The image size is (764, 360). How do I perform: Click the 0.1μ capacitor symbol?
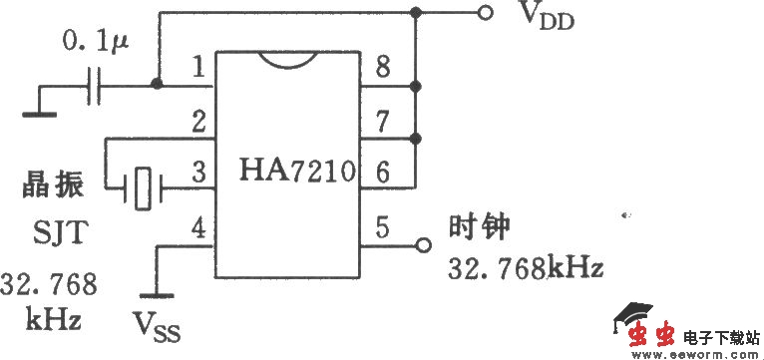95,87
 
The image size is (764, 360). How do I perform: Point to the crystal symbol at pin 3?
144,186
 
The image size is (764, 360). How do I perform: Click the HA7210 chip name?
297,172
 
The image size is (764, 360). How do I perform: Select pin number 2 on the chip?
198,123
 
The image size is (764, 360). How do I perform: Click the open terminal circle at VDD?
485,13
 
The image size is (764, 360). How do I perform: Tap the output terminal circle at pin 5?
423,244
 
